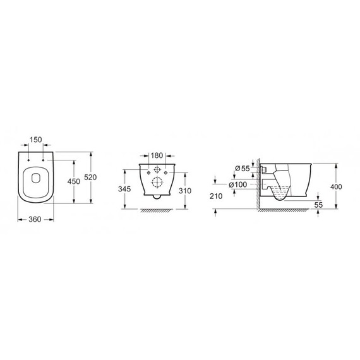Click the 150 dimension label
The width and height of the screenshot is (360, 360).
click(x=36, y=140)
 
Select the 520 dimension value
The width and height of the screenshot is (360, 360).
click(x=90, y=177)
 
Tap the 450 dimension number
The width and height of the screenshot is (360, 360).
click(x=73, y=181)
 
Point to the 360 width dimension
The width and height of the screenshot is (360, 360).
click(x=35, y=220)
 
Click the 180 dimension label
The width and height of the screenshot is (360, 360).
click(x=157, y=155)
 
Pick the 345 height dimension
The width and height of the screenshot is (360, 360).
click(x=124, y=189)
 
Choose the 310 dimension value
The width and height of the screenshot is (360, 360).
click(x=185, y=191)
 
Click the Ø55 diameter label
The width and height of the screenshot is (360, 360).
click(x=243, y=169)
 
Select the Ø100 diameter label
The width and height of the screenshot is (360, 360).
click(x=238, y=184)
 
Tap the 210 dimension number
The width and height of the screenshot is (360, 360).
click(x=216, y=196)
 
